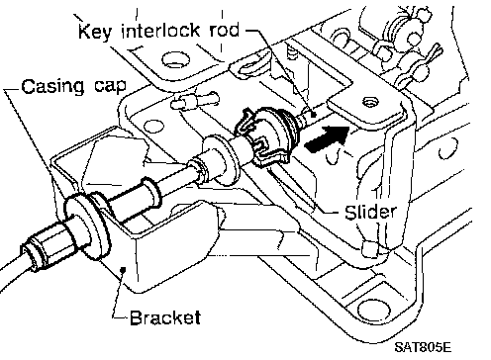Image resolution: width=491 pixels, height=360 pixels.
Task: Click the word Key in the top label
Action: pyautogui.click(x=94, y=32)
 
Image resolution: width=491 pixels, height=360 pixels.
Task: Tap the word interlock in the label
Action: pyautogui.click(x=160, y=31)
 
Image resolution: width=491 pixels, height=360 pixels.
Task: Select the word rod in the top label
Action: pyautogui.click(x=225, y=31)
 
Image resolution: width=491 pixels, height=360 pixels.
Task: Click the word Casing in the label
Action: pyautogui.click(x=52, y=87)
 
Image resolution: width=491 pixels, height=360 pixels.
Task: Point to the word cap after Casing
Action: pyautogui.click(x=110, y=87)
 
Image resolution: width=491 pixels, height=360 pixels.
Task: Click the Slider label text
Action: pyautogui.click(x=370, y=212)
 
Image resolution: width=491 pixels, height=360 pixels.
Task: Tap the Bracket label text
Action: pyautogui.click(x=165, y=317)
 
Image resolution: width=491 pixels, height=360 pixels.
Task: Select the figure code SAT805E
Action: pyautogui.click(x=423, y=347)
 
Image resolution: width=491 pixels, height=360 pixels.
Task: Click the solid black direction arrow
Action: pyautogui.click(x=327, y=138)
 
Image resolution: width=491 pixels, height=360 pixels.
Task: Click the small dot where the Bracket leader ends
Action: pyautogui.click(x=124, y=270)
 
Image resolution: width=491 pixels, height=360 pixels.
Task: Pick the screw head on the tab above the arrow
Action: pyautogui.click(x=369, y=103)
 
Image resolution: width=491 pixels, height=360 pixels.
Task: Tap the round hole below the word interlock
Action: pyautogui.click(x=176, y=60)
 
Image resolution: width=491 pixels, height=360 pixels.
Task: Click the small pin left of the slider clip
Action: pyautogui.click(x=194, y=101)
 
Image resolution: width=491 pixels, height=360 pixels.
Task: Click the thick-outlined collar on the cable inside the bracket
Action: pyautogui.click(x=150, y=193)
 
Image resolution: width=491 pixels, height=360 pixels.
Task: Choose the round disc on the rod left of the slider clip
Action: pyautogui.click(x=220, y=157)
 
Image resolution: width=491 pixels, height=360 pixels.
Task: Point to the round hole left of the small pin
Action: pyautogui.click(x=154, y=127)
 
